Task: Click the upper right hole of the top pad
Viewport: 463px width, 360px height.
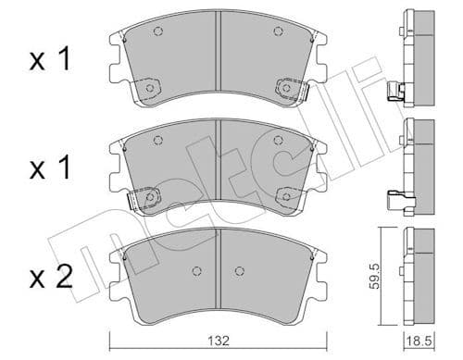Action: pyautogui.click(x=278, y=33)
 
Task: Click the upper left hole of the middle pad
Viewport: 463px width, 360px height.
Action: pyautogui.click(x=156, y=140)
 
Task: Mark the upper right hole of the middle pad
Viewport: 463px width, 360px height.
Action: pyautogui.click(x=278, y=140)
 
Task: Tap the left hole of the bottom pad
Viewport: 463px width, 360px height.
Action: pyautogui.click(x=195, y=271)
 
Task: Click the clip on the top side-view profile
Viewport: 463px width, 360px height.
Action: pyautogui.click(x=396, y=91)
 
